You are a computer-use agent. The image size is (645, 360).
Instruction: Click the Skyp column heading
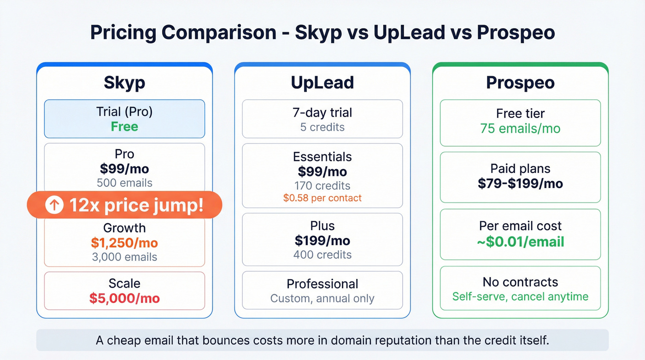(x=124, y=83)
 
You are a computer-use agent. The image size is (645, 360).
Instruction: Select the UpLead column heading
(x=322, y=83)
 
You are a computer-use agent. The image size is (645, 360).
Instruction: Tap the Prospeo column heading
(x=521, y=83)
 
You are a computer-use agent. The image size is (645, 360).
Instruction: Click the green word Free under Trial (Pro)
(x=124, y=127)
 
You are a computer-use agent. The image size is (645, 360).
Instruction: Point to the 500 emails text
(x=124, y=183)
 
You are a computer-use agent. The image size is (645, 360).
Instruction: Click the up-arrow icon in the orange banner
(x=54, y=205)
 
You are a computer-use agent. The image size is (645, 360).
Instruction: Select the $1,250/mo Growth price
(x=124, y=243)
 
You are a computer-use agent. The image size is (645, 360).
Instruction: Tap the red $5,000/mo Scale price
(x=124, y=298)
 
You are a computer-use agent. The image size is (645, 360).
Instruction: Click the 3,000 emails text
(x=124, y=257)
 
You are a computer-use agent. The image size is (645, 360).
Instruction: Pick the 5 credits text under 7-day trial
(x=322, y=127)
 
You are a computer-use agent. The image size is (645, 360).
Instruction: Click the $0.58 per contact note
(x=322, y=198)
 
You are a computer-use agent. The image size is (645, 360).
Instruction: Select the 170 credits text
(x=322, y=186)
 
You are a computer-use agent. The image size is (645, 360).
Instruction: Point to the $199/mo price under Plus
(x=322, y=240)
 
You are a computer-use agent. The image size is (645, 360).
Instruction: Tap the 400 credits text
(x=322, y=254)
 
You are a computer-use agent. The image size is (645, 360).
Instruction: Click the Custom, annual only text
(x=322, y=298)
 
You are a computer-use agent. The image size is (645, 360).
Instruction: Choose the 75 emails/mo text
(x=521, y=128)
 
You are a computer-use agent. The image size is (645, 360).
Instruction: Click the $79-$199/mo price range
(x=521, y=183)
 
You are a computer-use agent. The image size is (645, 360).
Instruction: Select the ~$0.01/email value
(x=521, y=241)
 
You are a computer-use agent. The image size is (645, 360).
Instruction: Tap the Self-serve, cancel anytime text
(x=521, y=296)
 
